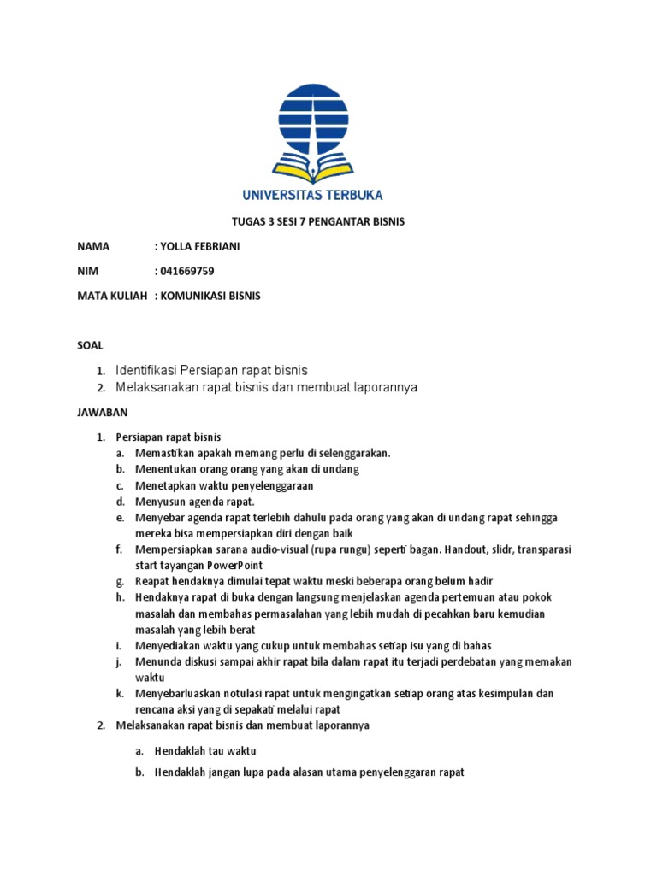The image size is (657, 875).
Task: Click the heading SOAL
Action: click(x=90, y=345)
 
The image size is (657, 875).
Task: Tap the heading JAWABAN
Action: click(x=103, y=413)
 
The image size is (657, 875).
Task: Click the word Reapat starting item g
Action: click(x=154, y=582)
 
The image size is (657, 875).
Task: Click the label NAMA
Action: click(x=93, y=247)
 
